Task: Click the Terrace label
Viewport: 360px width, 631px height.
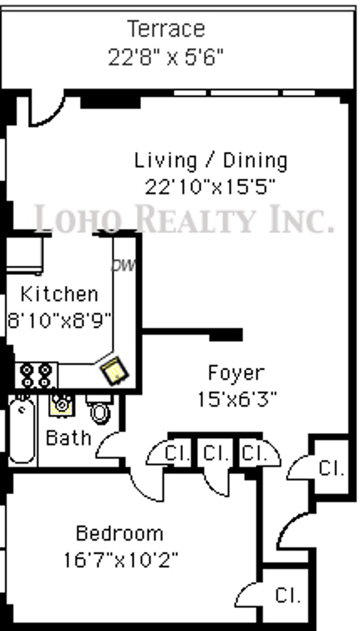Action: (x=166, y=29)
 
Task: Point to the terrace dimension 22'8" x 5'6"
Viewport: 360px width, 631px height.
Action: (x=166, y=57)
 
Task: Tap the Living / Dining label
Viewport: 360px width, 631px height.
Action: (x=211, y=161)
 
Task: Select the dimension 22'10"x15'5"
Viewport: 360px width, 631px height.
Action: (x=210, y=187)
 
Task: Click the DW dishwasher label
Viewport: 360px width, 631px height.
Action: (x=123, y=265)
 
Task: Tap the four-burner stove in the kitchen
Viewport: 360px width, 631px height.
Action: (x=36, y=375)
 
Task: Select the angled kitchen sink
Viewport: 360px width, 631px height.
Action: (x=115, y=370)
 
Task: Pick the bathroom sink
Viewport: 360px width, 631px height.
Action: (x=62, y=405)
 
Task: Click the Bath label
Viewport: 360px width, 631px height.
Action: (x=68, y=438)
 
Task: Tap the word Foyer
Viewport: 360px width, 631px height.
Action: (x=237, y=372)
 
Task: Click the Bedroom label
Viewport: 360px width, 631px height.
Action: (x=120, y=533)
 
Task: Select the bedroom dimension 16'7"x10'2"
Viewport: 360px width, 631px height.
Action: (x=121, y=559)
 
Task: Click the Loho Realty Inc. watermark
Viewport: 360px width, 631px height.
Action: (x=184, y=219)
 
